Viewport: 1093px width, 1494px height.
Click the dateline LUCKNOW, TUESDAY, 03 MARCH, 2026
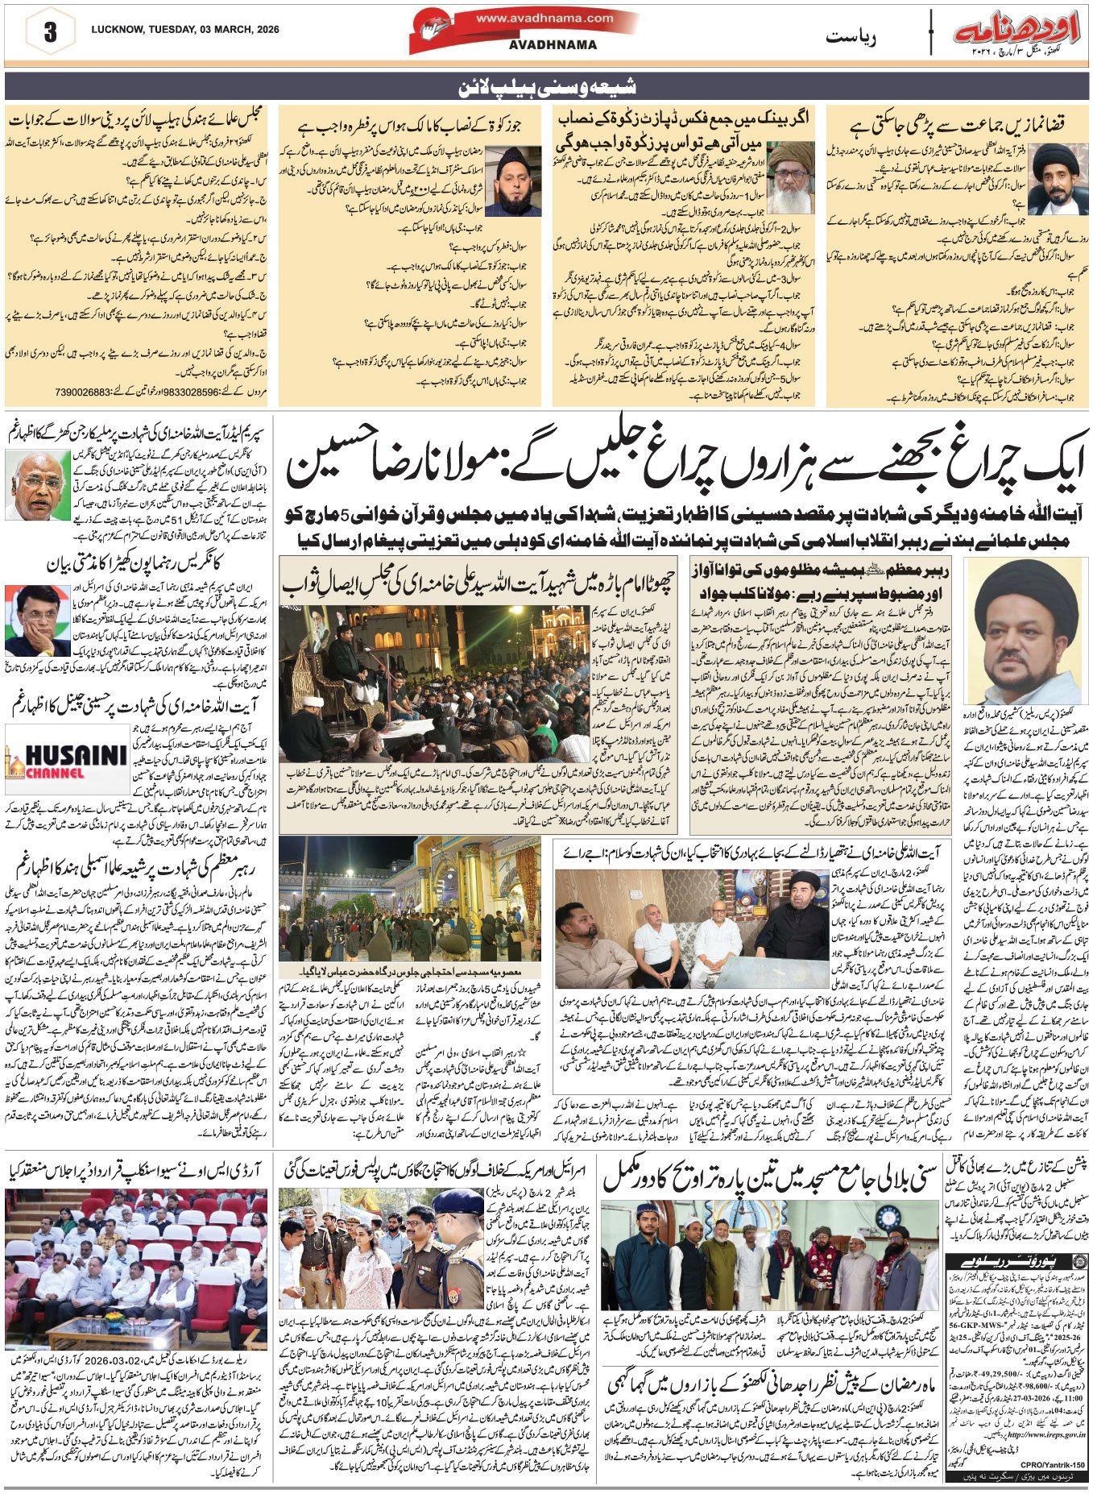[x=185, y=30]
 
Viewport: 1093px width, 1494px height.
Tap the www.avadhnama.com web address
[x=544, y=18]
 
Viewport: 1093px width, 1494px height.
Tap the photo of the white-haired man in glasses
[x=38, y=485]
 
